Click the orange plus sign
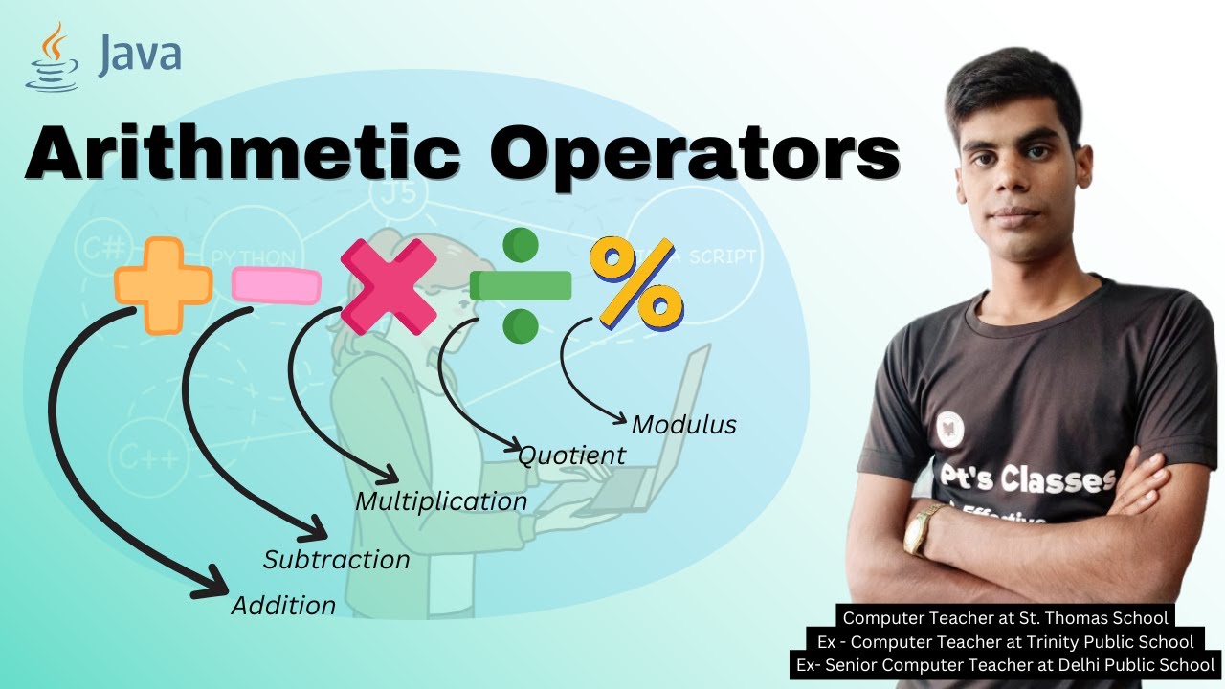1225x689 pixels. (x=163, y=284)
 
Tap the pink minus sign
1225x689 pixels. (x=276, y=284)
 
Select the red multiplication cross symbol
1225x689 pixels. (x=389, y=286)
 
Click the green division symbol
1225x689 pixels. (x=521, y=285)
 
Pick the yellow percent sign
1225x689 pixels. (x=636, y=283)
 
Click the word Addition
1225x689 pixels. (x=283, y=606)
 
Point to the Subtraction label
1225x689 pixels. (x=336, y=559)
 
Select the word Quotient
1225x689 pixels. (x=571, y=456)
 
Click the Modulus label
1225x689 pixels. (x=684, y=424)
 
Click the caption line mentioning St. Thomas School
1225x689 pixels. (x=1005, y=618)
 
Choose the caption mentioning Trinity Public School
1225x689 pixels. (x=1005, y=642)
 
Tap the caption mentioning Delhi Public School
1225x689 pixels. (x=1005, y=665)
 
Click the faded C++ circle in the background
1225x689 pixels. (x=144, y=456)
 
